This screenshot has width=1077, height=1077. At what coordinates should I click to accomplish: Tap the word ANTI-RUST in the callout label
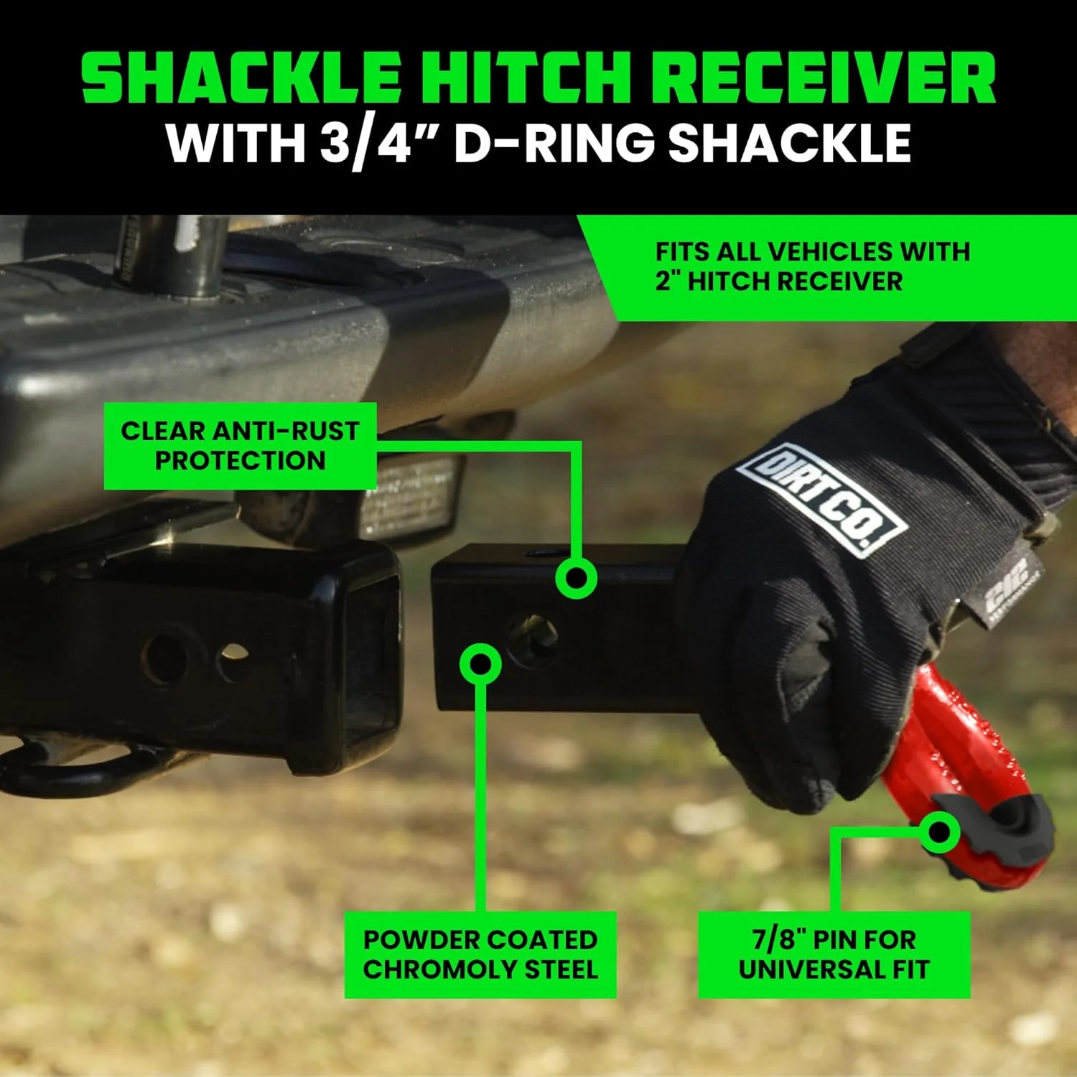tap(286, 431)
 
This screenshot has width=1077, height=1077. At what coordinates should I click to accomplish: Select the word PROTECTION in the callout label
tap(241, 460)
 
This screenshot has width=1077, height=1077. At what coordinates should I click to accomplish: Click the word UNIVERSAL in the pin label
tap(811, 969)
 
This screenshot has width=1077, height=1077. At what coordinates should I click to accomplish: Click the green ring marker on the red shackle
tap(939, 832)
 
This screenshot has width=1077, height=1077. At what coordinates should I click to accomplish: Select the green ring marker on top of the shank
tap(576, 578)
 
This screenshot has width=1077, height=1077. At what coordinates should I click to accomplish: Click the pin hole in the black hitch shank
tap(533, 638)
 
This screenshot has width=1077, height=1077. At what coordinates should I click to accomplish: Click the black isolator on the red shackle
tap(1005, 826)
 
